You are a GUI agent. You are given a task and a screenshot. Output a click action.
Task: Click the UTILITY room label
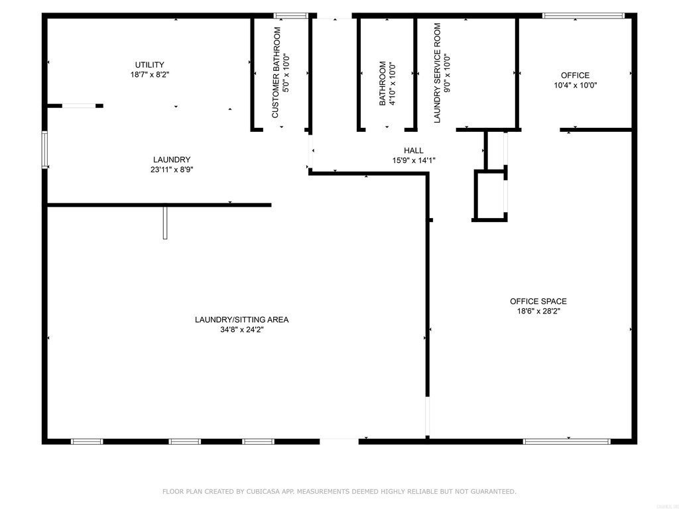[x=149, y=65]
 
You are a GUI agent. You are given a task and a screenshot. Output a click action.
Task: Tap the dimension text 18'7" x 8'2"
[x=149, y=74]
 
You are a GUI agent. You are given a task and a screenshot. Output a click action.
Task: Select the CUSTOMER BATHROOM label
[x=276, y=73]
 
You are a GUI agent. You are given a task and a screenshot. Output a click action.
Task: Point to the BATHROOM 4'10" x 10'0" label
[x=387, y=83]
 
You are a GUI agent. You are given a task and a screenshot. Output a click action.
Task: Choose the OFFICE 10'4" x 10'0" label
[x=575, y=80]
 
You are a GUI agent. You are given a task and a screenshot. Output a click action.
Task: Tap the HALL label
[x=414, y=150]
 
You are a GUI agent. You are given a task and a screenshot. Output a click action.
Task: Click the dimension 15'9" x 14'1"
[x=414, y=160]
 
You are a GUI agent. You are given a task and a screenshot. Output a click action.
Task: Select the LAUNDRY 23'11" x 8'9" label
[x=172, y=164]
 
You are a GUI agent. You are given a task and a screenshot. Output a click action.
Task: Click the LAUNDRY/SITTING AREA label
[x=241, y=319]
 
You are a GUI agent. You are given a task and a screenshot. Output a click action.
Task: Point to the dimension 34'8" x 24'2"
[x=241, y=329]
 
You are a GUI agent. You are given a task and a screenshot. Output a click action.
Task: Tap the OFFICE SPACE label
[x=538, y=302]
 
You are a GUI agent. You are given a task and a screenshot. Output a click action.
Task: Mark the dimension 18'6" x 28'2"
[x=538, y=311]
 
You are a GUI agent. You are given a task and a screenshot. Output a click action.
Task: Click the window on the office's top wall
[x=584, y=16]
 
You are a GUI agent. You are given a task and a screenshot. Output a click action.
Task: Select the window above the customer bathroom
[x=290, y=16]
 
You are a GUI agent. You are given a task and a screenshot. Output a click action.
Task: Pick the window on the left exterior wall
[x=44, y=149]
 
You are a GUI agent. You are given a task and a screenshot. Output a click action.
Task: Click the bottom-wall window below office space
[x=566, y=441]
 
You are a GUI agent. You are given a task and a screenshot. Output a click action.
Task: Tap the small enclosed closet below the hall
[x=490, y=196]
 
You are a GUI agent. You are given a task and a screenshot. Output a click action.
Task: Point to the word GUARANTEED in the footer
[x=493, y=491]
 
